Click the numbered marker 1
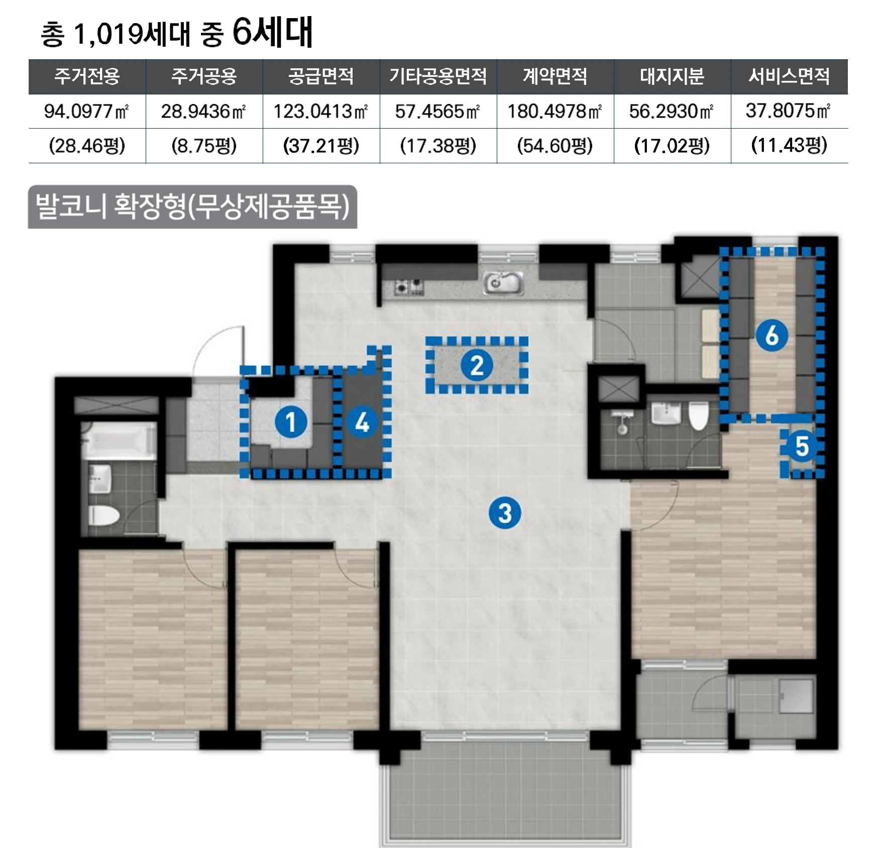click(291, 422)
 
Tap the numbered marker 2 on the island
click(477, 365)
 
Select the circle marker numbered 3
click(505, 513)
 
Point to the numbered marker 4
click(362, 422)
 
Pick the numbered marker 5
click(802, 446)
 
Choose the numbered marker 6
click(772, 335)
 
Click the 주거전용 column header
click(87, 76)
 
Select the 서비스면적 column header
click(789, 76)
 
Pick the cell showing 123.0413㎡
click(321, 111)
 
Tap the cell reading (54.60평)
click(555, 146)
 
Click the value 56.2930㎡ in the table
click(672, 111)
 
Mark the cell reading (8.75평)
click(204, 146)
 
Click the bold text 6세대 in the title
click(273, 32)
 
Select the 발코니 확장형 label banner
click(192, 207)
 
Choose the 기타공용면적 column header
click(438, 76)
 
